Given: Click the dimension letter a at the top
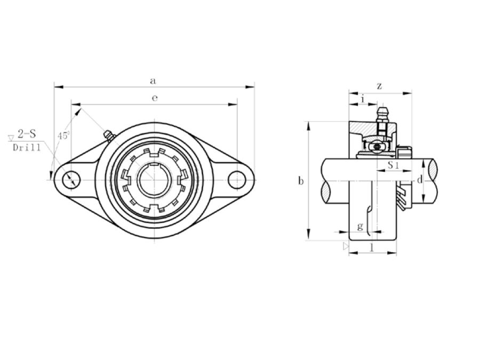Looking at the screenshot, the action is (x=153, y=81).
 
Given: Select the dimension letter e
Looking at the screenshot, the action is (x=155, y=98).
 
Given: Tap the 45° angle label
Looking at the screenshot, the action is (x=63, y=135).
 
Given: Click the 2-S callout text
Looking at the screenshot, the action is (x=27, y=134).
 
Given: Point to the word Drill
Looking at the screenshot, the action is (x=27, y=148).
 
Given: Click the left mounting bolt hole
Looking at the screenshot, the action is (x=71, y=180).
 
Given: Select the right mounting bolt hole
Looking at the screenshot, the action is (x=237, y=180).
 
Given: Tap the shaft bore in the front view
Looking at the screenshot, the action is (x=154, y=180).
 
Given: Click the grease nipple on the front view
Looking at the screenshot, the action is (x=109, y=135).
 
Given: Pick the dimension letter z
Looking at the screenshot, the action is (x=380, y=86).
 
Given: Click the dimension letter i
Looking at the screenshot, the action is (x=363, y=99).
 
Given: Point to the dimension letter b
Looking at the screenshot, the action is (x=301, y=181).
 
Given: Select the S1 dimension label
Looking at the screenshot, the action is (x=394, y=165).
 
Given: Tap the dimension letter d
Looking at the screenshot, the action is (x=420, y=179).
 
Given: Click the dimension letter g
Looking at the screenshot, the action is (x=361, y=226).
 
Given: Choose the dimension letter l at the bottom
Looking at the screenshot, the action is (x=372, y=247).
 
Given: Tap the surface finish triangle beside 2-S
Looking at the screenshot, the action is (x=11, y=138).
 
